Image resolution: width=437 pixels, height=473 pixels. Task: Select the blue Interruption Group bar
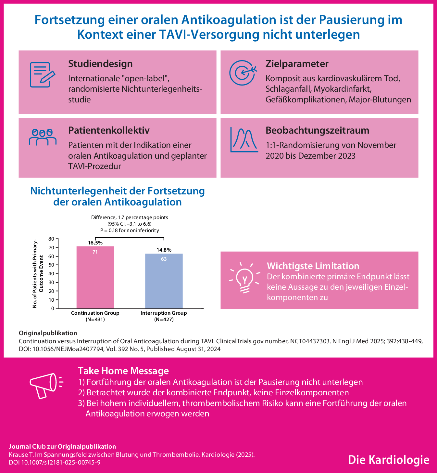(164, 281)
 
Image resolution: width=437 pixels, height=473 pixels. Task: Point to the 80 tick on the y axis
(51, 239)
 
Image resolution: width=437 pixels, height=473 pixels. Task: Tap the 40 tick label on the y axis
(51, 274)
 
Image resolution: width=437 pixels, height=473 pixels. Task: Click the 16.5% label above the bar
(95, 243)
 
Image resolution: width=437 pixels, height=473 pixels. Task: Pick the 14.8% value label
(164, 250)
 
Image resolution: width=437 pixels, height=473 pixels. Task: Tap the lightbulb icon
(244, 278)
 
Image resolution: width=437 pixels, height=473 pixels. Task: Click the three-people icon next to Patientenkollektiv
(43, 137)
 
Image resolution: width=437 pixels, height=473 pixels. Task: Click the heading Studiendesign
(100, 64)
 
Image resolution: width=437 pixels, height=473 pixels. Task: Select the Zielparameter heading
(297, 64)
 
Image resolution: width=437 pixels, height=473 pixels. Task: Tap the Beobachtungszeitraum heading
(317, 130)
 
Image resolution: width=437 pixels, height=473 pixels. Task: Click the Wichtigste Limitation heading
(313, 266)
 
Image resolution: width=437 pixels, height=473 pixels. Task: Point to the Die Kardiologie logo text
(389, 460)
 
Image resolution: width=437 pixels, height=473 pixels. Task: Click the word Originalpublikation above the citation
(48, 333)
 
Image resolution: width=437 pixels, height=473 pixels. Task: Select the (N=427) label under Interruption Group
(164, 320)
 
